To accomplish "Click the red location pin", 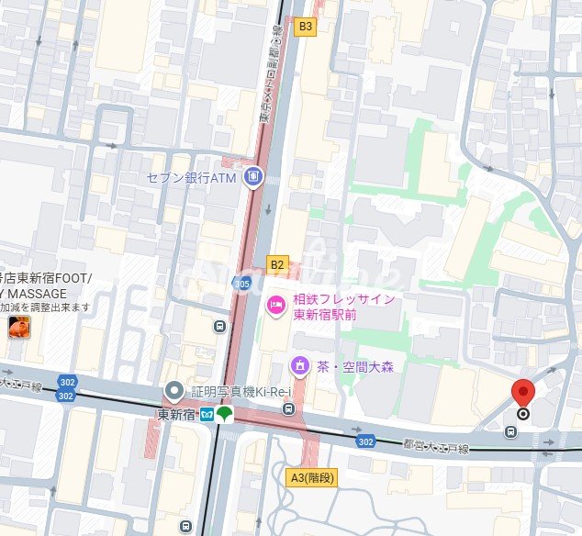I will tap(523, 393).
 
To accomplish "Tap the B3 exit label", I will tap(306, 27).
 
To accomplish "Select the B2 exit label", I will tap(277, 264).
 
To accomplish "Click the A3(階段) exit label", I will tap(310, 477).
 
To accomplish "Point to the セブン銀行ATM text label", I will tap(193, 176).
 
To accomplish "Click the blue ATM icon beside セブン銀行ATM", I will tap(253, 176).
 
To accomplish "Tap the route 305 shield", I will tap(241, 283).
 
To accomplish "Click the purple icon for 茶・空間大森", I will tap(299, 366).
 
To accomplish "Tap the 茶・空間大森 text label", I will tap(355, 366).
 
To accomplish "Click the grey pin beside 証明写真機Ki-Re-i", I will tap(173, 392).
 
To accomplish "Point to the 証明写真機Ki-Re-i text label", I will tap(241, 392).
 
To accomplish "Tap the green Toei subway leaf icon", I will tap(225, 414).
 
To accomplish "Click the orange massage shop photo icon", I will tap(17, 327).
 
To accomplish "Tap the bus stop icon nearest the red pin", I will tap(509, 430).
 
